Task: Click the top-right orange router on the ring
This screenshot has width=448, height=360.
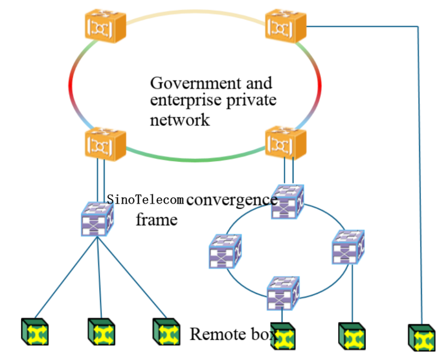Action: coord(286,26)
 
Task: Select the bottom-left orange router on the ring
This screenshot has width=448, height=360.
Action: coord(105,143)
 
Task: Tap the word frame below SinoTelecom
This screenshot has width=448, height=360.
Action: coord(156,220)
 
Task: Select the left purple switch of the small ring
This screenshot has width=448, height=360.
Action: coord(225,251)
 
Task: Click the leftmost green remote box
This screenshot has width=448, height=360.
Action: coord(35,332)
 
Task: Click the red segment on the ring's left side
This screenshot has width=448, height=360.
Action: coord(71,85)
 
